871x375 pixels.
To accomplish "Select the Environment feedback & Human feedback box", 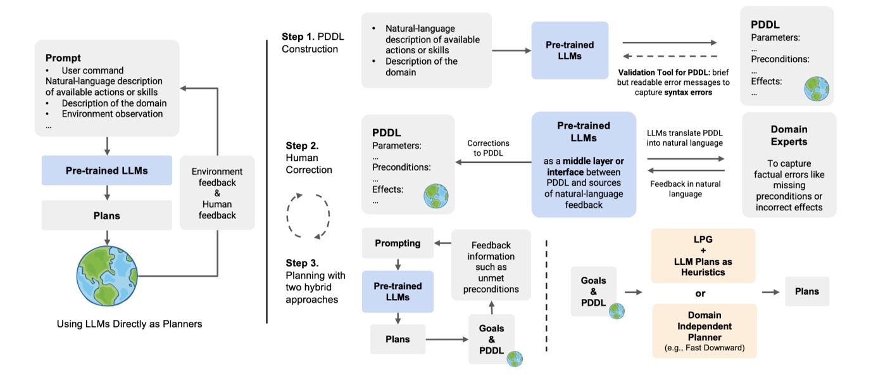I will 218,193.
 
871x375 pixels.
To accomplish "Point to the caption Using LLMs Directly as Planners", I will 129,324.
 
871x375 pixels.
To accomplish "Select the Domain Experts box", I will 789,165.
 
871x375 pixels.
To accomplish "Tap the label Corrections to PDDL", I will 488,148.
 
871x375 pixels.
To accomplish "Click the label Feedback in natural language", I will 685,188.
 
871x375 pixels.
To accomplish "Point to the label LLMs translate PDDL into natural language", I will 685,138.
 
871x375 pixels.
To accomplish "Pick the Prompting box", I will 398,243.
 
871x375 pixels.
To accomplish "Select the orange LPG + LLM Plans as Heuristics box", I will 703,255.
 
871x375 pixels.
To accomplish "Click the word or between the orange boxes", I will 700,293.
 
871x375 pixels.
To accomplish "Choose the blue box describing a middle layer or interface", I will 584,164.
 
